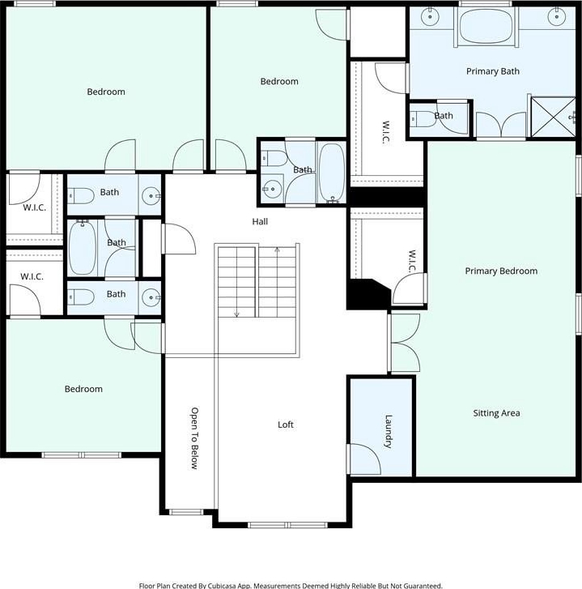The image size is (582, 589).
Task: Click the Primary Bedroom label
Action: (501, 271)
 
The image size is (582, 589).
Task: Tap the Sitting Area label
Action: (496, 413)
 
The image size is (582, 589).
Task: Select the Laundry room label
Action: (389, 431)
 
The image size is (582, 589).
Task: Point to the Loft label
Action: (286, 425)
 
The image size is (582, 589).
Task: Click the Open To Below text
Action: (194, 438)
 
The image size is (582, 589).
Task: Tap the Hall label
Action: (260, 222)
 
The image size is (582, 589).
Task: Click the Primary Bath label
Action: (493, 71)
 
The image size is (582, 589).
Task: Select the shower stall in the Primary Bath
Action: (554, 117)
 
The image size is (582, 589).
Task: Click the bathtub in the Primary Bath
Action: (486, 26)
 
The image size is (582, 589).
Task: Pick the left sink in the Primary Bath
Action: (430, 17)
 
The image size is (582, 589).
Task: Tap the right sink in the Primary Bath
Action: (556, 17)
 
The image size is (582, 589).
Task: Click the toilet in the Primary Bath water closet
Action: (423, 119)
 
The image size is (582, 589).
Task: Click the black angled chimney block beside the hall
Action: (367, 294)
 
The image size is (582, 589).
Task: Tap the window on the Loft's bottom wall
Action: (288, 525)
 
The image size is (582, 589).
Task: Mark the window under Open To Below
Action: (186, 512)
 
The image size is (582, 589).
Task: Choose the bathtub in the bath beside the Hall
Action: (332, 173)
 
